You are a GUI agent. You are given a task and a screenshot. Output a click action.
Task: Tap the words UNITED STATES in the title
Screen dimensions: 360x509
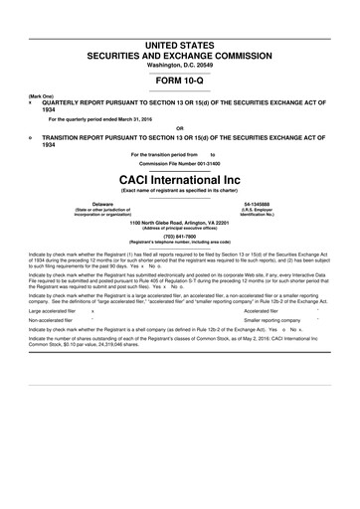(180, 20)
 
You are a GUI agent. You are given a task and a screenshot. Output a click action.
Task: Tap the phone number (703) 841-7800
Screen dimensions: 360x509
(180, 237)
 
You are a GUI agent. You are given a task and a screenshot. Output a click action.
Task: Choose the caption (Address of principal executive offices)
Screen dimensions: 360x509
(180, 229)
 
